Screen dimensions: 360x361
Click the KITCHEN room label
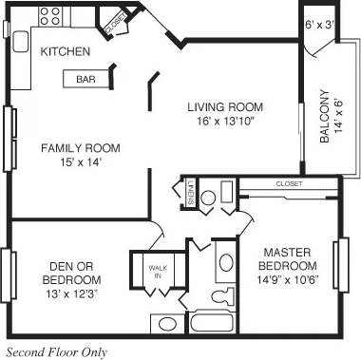coord(66,51)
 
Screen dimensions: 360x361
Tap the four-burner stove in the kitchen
coord(50,16)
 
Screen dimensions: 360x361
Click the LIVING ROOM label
coord(224,106)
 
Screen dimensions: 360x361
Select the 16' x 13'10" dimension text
coord(224,121)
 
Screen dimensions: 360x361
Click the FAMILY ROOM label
coord(80,147)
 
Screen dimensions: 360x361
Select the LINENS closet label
coord(191,193)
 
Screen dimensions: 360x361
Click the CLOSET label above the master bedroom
coord(289,183)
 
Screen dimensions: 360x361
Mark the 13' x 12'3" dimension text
coord(72,294)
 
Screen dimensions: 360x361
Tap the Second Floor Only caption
coord(57,351)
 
